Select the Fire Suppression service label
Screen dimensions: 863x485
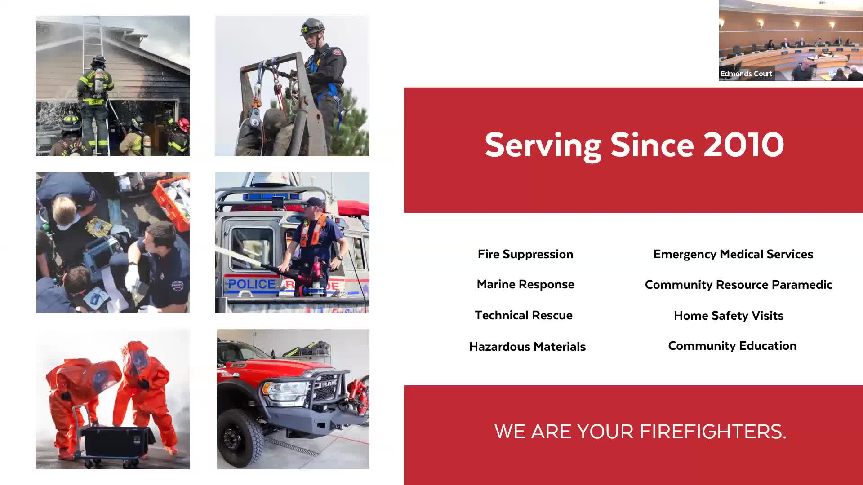click(x=525, y=254)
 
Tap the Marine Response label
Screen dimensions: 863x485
click(x=525, y=284)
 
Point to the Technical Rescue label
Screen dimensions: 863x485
click(x=524, y=315)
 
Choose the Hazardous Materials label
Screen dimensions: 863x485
click(x=527, y=347)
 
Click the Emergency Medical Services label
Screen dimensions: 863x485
click(x=733, y=254)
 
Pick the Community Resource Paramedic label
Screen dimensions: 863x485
click(x=738, y=285)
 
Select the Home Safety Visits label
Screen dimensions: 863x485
click(x=729, y=316)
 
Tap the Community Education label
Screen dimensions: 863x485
click(x=732, y=346)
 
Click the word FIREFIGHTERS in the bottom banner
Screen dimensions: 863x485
click(x=713, y=432)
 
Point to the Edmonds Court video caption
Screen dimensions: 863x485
click(x=747, y=74)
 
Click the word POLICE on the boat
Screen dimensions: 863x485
click(x=252, y=284)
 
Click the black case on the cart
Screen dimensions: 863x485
click(x=116, y=441)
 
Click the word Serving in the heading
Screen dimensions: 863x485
click(x=543, y=145)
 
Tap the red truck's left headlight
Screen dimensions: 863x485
click(x=281, y=391)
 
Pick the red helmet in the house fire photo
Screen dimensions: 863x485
click(x=183, y=123)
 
